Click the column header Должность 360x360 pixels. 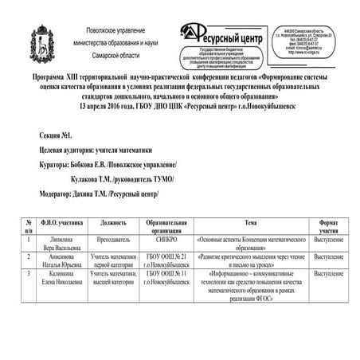tap(114, 223)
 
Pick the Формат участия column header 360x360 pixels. tap(329, 226)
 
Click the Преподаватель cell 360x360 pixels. tap(114, 237)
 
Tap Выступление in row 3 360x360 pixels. tap(329, 273)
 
